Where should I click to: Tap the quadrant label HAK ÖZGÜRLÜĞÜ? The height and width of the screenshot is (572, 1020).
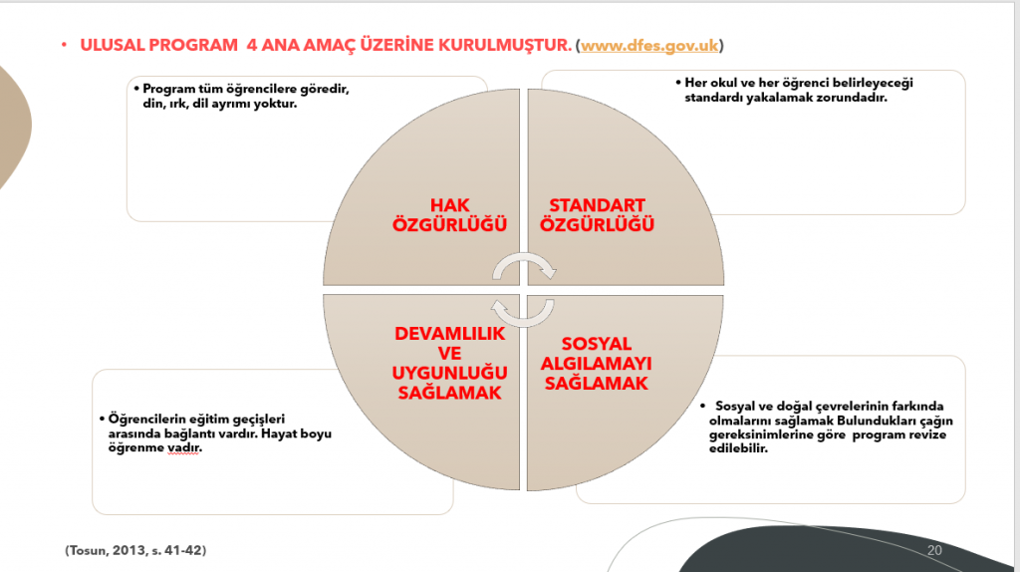click(x=449, y=215)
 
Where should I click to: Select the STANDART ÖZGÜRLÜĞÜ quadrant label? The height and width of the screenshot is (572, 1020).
click(x=597, y=215)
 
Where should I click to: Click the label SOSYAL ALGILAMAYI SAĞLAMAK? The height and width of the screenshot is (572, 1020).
click(x=597, y=364)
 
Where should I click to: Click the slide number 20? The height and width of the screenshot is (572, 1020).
click(x=934, y=549)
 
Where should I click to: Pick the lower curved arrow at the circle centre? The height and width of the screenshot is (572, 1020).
click(x=524, y=312)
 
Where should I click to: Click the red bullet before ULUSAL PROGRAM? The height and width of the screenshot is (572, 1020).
click(x=63, y=47)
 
